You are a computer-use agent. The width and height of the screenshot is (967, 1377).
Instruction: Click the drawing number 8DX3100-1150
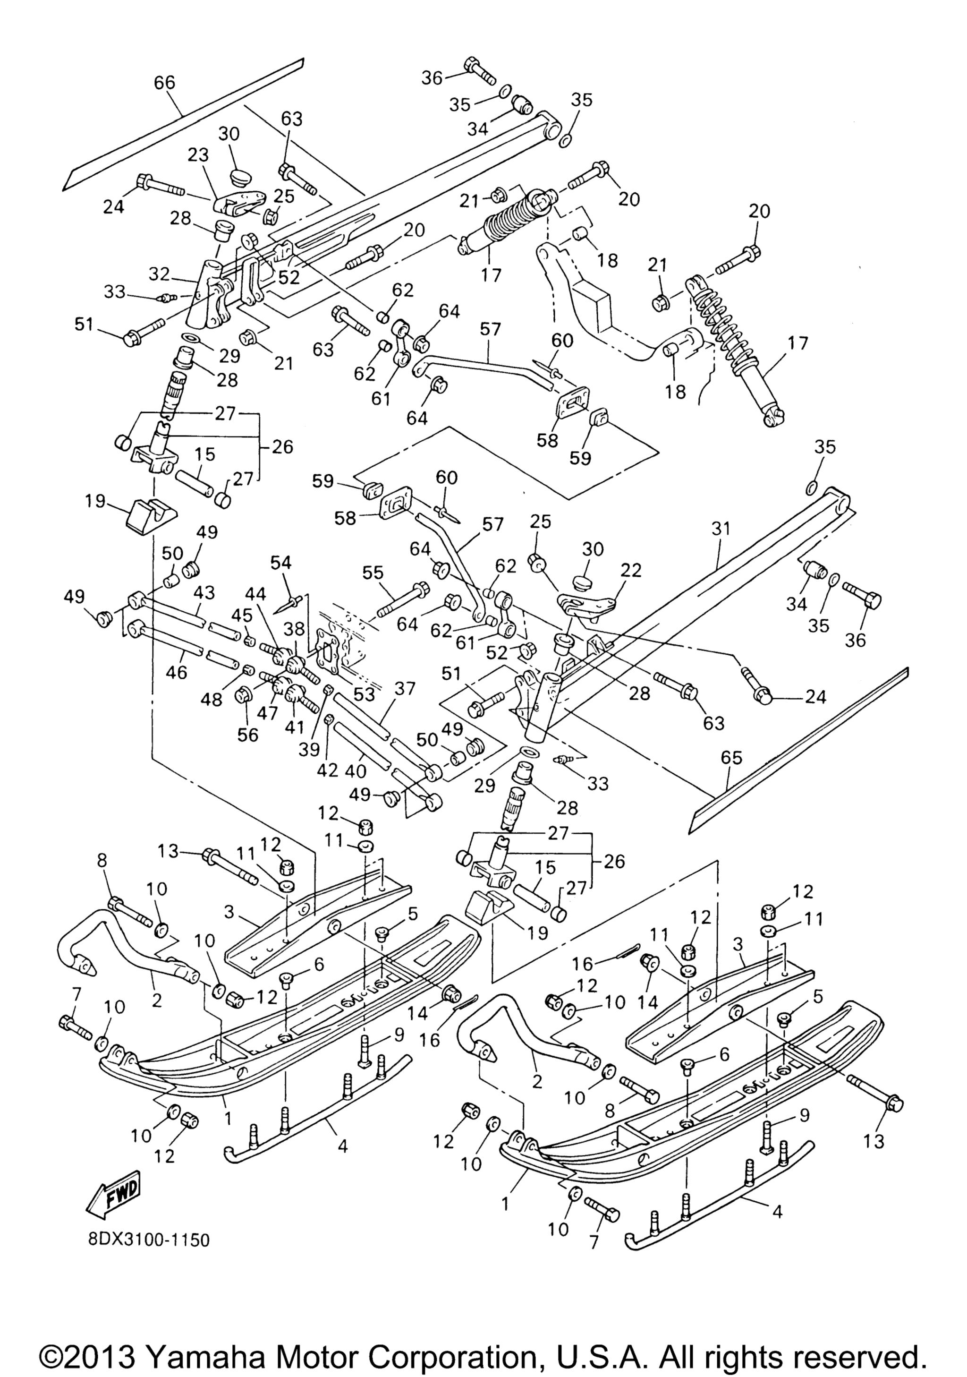click(149, 1239)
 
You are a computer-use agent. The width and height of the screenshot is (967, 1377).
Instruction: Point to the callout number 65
click(729, 758)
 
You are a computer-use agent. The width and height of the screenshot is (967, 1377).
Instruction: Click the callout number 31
click(721, 529)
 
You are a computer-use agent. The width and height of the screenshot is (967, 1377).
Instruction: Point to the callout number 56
click(247, 734)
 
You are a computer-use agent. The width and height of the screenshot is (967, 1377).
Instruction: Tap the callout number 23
click(197, 155)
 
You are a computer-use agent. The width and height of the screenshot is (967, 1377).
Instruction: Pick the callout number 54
click(280, 563)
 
